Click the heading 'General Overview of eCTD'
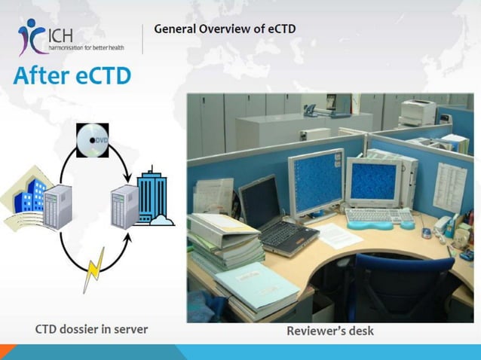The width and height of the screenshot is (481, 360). tap(225, 29)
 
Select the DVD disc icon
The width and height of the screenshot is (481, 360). tap(92, 141)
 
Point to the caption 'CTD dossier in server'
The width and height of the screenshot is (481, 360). tap(92, 329)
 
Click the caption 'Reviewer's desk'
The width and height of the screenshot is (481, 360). tap(329, 331)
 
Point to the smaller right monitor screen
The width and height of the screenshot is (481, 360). tap(374, 184)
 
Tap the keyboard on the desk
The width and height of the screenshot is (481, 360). tap(378, 216)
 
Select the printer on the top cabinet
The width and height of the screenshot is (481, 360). tap(418, 112)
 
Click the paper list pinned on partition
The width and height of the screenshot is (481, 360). tap(450, 185)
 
